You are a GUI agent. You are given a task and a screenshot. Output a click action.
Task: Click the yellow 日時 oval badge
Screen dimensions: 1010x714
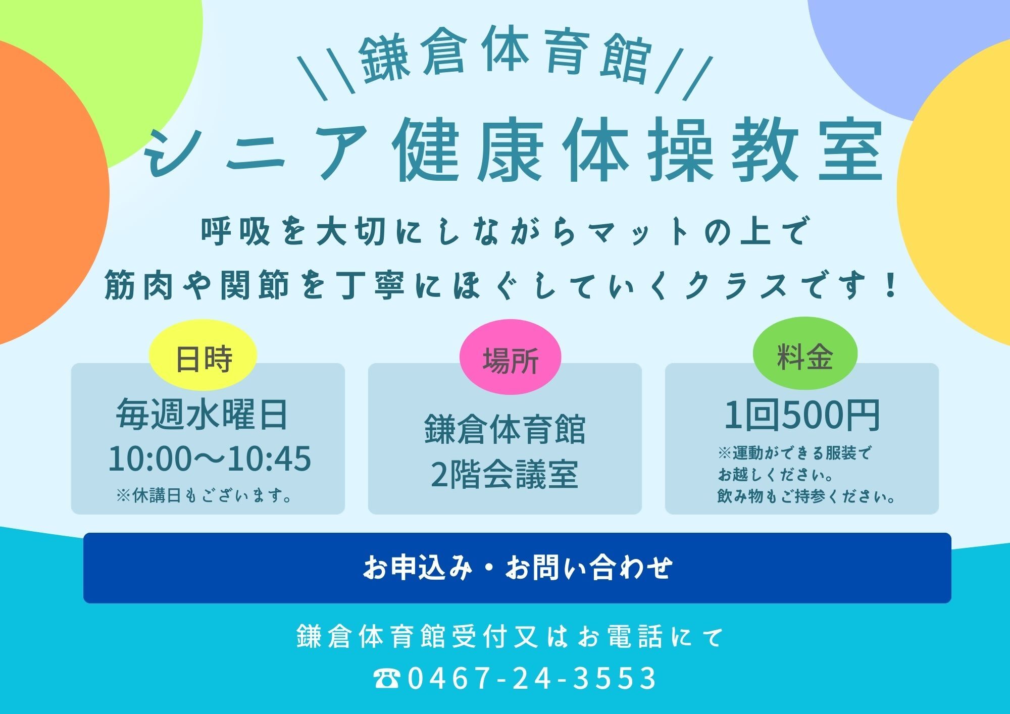tap(203, 355)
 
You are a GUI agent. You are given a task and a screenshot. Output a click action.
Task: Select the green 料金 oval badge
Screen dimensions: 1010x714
tap(805, 353)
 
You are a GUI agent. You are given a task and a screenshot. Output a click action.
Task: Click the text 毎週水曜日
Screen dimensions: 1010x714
tap(202, 415)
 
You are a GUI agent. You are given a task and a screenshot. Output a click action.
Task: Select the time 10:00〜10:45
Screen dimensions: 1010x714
tap(210, 458)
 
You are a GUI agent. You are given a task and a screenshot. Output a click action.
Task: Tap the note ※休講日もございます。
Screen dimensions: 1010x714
tap(205, 495)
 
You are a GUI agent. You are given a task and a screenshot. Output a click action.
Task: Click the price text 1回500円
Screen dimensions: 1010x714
tap(802, 416)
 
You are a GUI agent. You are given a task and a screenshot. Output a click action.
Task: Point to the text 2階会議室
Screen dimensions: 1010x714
tap(504, 475)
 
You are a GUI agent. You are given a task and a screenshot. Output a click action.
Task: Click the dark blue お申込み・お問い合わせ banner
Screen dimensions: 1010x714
tap(517, 568)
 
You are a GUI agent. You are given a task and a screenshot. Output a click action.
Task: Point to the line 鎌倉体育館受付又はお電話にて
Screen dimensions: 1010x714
tap(510, 636)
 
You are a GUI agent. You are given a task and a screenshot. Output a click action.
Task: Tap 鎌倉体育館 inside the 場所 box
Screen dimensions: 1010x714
tap(504, 429)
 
